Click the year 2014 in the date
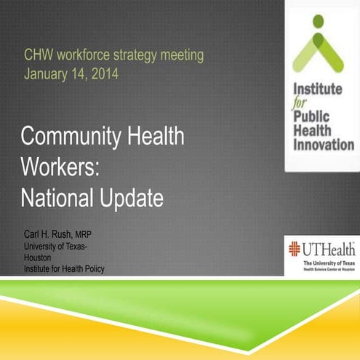(104, 73)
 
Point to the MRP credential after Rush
(84, 235)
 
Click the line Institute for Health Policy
(64, 269)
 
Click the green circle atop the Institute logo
(318, 20)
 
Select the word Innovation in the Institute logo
(323, 145)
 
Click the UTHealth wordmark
(328, 249)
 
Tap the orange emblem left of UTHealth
(295, 249)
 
